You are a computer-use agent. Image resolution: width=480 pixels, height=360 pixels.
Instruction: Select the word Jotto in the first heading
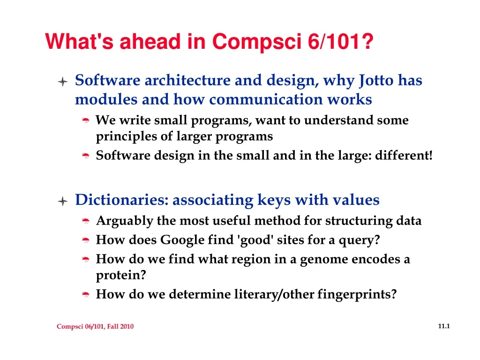376,81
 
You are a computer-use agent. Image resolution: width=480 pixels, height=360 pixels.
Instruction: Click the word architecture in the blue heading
187,80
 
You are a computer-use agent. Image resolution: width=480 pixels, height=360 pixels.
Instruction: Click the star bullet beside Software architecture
63,82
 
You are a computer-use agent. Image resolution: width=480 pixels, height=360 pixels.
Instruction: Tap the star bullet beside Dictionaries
63,201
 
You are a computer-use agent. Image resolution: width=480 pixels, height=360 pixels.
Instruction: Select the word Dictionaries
122,200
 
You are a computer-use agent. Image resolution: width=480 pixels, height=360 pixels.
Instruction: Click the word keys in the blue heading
274,200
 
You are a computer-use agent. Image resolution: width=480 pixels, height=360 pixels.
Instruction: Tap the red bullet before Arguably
86,221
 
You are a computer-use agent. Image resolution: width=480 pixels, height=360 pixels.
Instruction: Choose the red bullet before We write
86,120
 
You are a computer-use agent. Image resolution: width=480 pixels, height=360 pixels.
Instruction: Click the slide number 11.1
444,326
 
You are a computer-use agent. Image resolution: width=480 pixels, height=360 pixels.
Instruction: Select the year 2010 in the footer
127,326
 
